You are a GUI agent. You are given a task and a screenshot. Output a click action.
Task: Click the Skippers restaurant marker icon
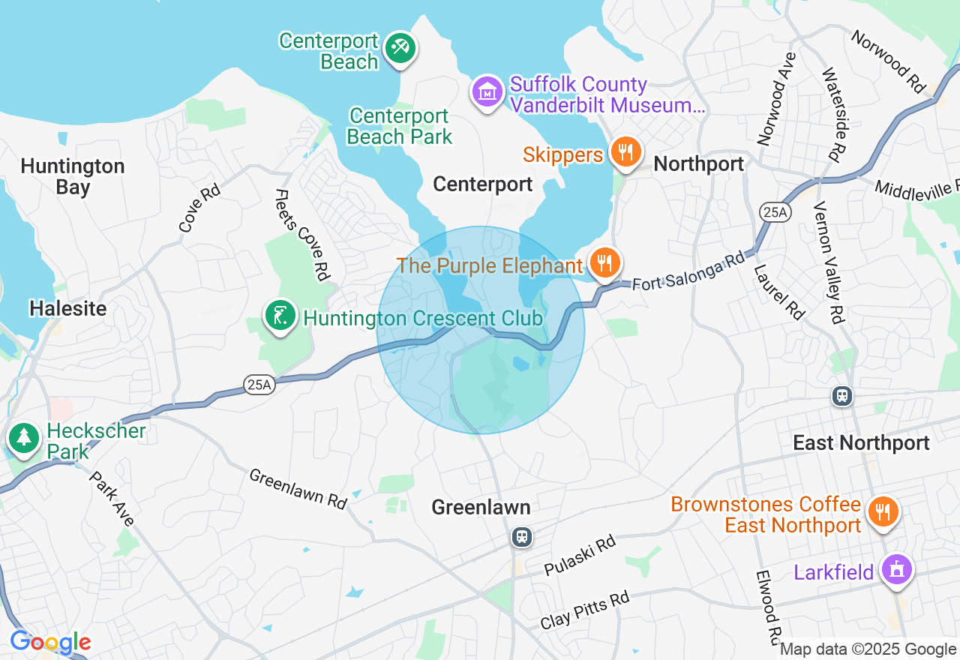[x=624, y=152]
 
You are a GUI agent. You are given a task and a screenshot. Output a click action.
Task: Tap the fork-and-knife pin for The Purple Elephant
[x=604, y=263]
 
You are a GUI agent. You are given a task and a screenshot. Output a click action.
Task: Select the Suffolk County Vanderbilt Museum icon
[x=487, y=92]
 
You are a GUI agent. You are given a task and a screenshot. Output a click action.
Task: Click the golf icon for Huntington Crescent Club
[x=280, y=316]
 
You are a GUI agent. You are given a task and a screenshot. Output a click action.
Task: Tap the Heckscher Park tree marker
[x=23, y=437]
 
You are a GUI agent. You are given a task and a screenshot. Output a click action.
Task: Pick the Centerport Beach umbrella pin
[x=400, y=49]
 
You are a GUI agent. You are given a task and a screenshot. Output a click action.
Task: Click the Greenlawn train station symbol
[x=522, y=537]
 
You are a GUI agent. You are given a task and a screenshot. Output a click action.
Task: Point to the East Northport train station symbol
[x=842, y=395]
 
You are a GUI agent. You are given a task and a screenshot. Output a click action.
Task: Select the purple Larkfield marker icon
[x=895, y=571]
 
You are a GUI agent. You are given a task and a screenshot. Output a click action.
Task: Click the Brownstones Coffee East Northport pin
[x=883, y=512]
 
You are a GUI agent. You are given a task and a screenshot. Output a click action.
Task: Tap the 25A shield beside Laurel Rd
[x=775, y=213]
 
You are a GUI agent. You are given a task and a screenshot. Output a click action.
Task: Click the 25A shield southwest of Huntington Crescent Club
[x=258, y=385]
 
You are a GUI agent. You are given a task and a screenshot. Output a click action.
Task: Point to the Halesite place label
[x=67, y=308]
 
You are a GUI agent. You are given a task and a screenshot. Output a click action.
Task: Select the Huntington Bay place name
[x=73, y=176]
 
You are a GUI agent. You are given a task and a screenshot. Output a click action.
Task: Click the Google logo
[x=50, y=643]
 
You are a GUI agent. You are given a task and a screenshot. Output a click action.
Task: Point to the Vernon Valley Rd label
[x=830, y=262]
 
